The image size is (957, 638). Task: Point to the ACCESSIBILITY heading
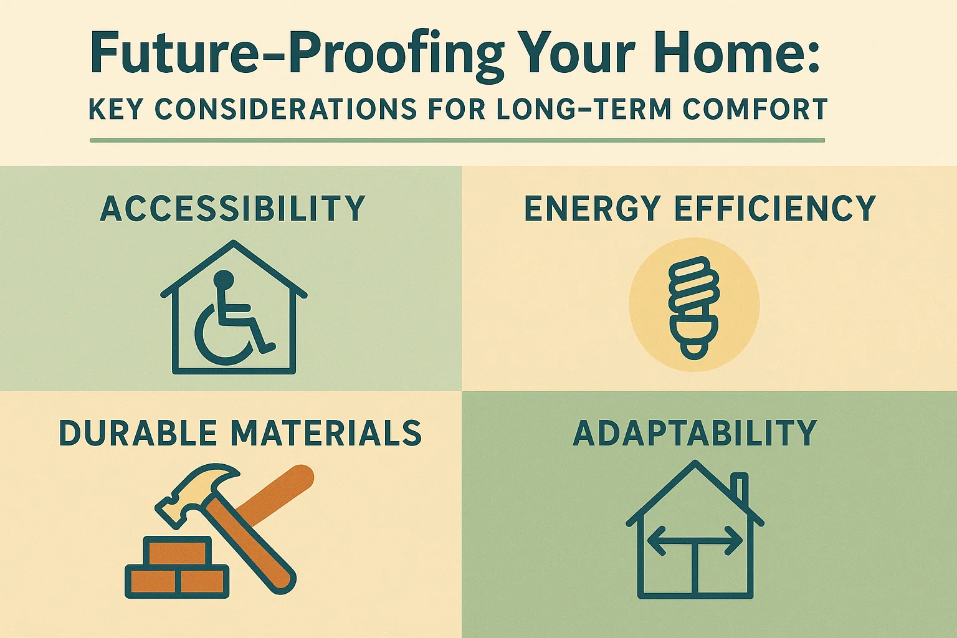[x=232, y=209]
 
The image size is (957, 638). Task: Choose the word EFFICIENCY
[x=775, y=209]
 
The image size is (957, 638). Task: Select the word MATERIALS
[x=326, y=434]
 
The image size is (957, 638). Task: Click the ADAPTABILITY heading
[x=695, y=434]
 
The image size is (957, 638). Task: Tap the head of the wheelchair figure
[x=221, y=279]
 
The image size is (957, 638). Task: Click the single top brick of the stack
[x=177, y=551]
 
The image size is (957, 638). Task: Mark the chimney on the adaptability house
[x=741, y=489]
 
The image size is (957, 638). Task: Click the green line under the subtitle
[x=457, y=140]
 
